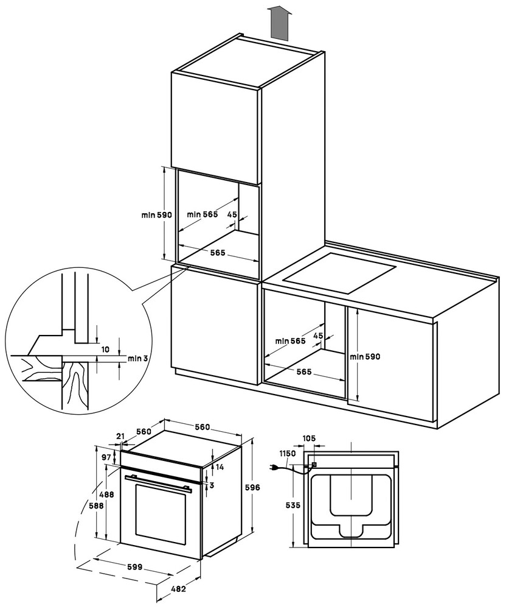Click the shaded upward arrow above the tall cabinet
pyautogui.click(x=279, y=23)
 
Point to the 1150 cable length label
pyautogui.click(x=288, y=454)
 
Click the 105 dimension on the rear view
pyautogui.click(x=310, y=438)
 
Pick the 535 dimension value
pyautogui.click(x=284, y=505)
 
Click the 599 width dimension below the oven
pyautogui.click(x=134, y=567)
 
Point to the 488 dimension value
pyautogui.click(x=107, y=495)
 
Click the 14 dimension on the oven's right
pyautogui.click(x=220, y=467)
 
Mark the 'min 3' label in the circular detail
pyautogui.click(x=138, y=358)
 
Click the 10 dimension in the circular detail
pyautogui.click(x=105, y=350)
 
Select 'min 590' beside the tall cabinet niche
pyautogui.click(x=158, y=215)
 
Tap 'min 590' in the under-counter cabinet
pyautogui.click(x=365, y=357)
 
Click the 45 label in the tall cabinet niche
pyautogui.click(x=232, y=214)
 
